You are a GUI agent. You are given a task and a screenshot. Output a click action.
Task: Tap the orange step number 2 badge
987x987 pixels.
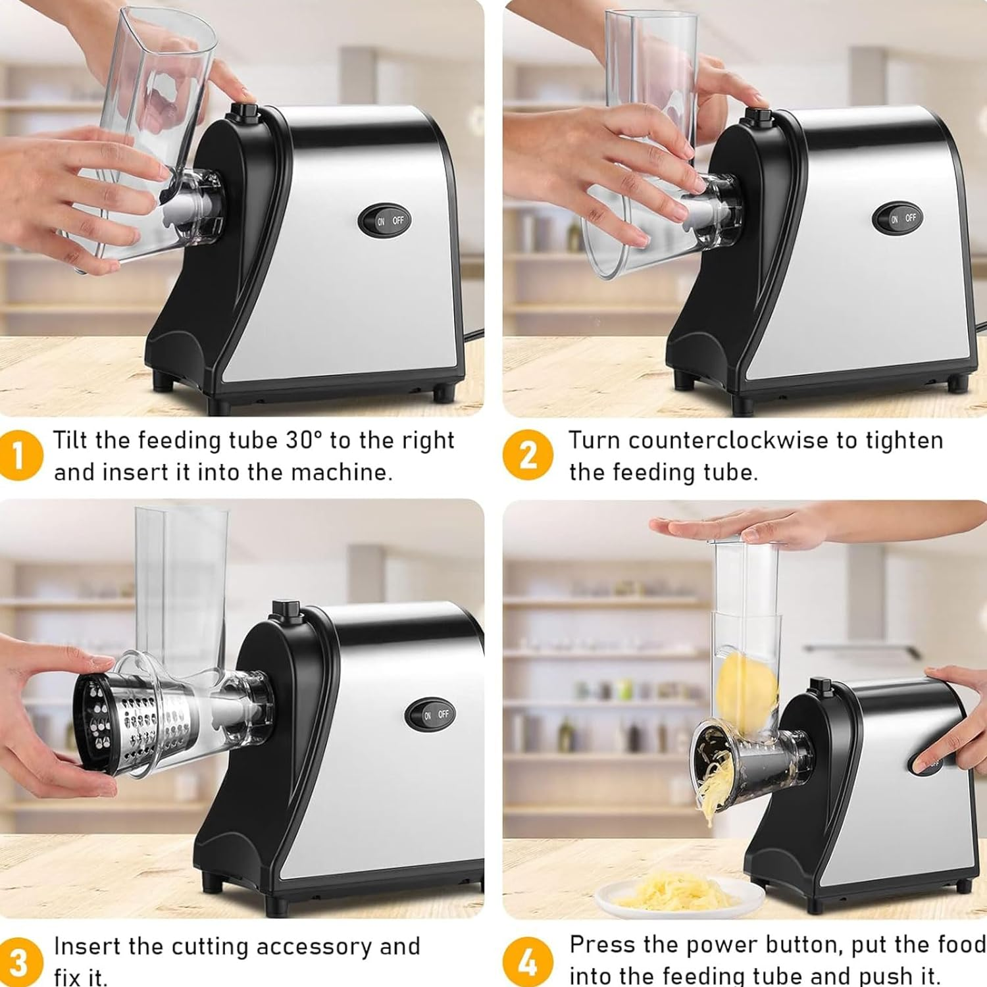527,455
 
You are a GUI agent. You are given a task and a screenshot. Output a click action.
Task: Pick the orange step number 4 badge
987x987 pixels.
527,962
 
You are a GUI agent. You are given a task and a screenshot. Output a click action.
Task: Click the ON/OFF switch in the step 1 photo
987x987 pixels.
386,221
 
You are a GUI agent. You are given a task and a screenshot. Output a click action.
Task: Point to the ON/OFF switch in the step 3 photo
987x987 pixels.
431,715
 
